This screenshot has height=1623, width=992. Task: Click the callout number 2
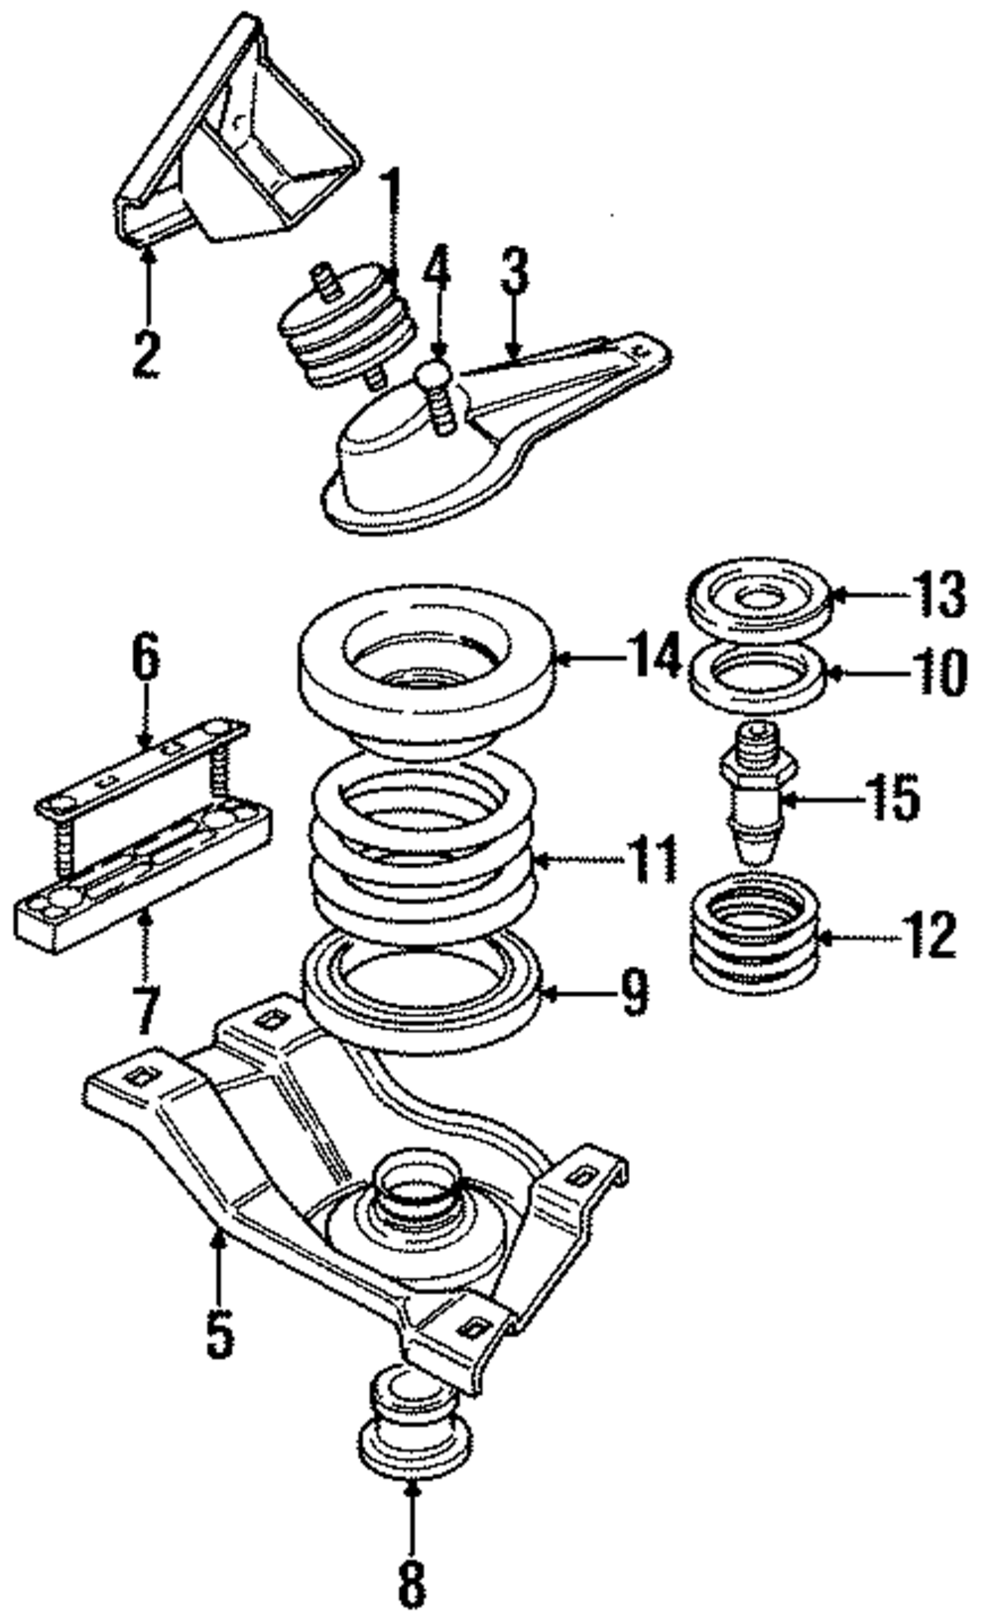(146, 354)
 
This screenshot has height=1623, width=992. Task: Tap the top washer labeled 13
(759, 598)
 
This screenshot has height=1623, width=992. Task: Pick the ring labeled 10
(759, 677)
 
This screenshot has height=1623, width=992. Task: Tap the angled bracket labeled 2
(238, 149)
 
